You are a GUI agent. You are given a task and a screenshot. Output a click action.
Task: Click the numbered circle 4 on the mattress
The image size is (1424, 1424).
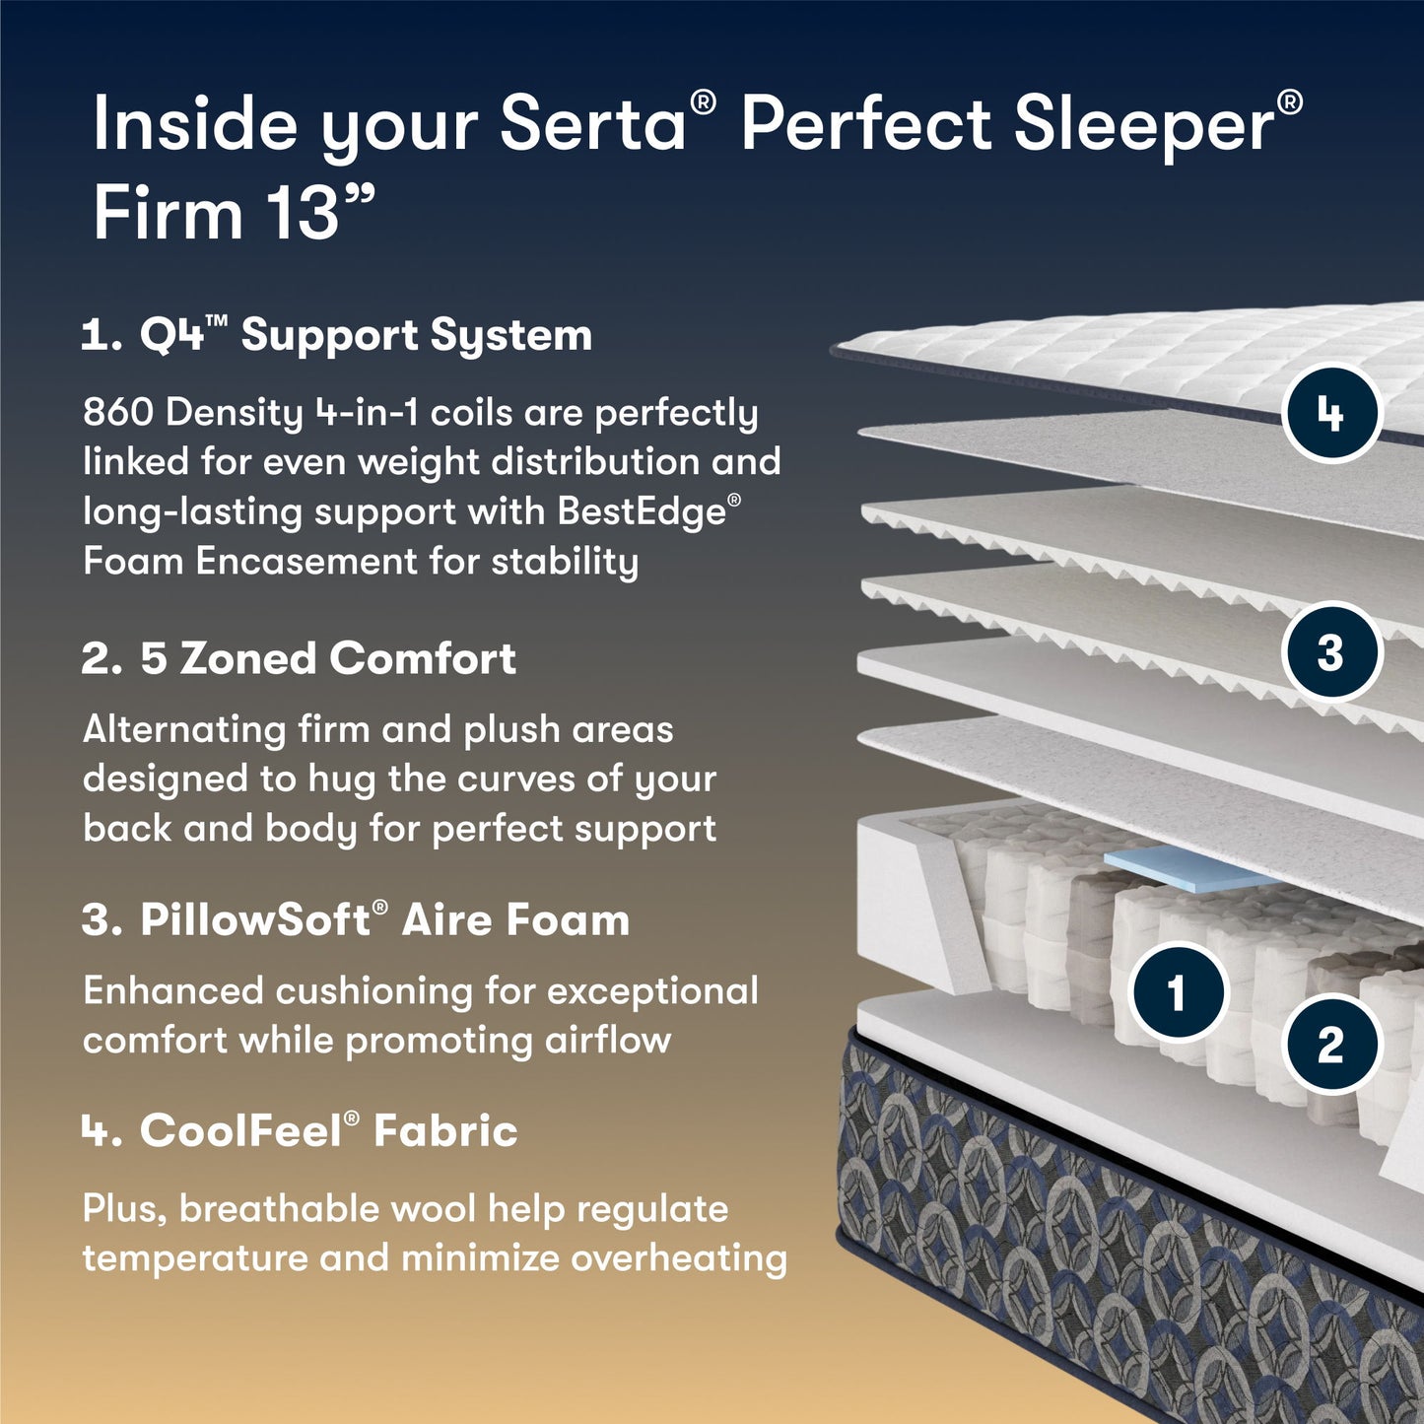[x=1332, y=414]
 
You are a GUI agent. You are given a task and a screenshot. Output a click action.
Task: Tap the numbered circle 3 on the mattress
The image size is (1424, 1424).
[x=1330, y=651]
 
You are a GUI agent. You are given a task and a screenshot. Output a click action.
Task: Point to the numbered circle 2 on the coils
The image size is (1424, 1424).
[x=1330, y=1044]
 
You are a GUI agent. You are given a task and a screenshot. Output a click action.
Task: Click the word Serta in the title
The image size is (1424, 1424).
[x=592, y=125]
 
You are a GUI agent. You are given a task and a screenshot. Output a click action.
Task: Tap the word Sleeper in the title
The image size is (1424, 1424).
[x=1143, y=125]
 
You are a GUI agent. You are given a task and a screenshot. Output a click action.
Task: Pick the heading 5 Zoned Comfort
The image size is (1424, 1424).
[x=299, y=658]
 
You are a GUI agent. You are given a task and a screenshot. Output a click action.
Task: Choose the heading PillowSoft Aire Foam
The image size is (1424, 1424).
[x=356, y=919]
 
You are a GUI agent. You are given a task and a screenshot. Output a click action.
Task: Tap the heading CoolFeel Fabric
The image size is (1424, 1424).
[x=300, y=1130]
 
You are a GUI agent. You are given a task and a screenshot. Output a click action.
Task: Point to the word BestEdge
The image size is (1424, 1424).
[x=642, y=511]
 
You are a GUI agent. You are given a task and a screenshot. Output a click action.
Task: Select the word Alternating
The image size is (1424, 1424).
[x=183, y=729]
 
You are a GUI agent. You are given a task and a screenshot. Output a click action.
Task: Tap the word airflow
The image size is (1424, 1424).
[x=608, y=1040]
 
